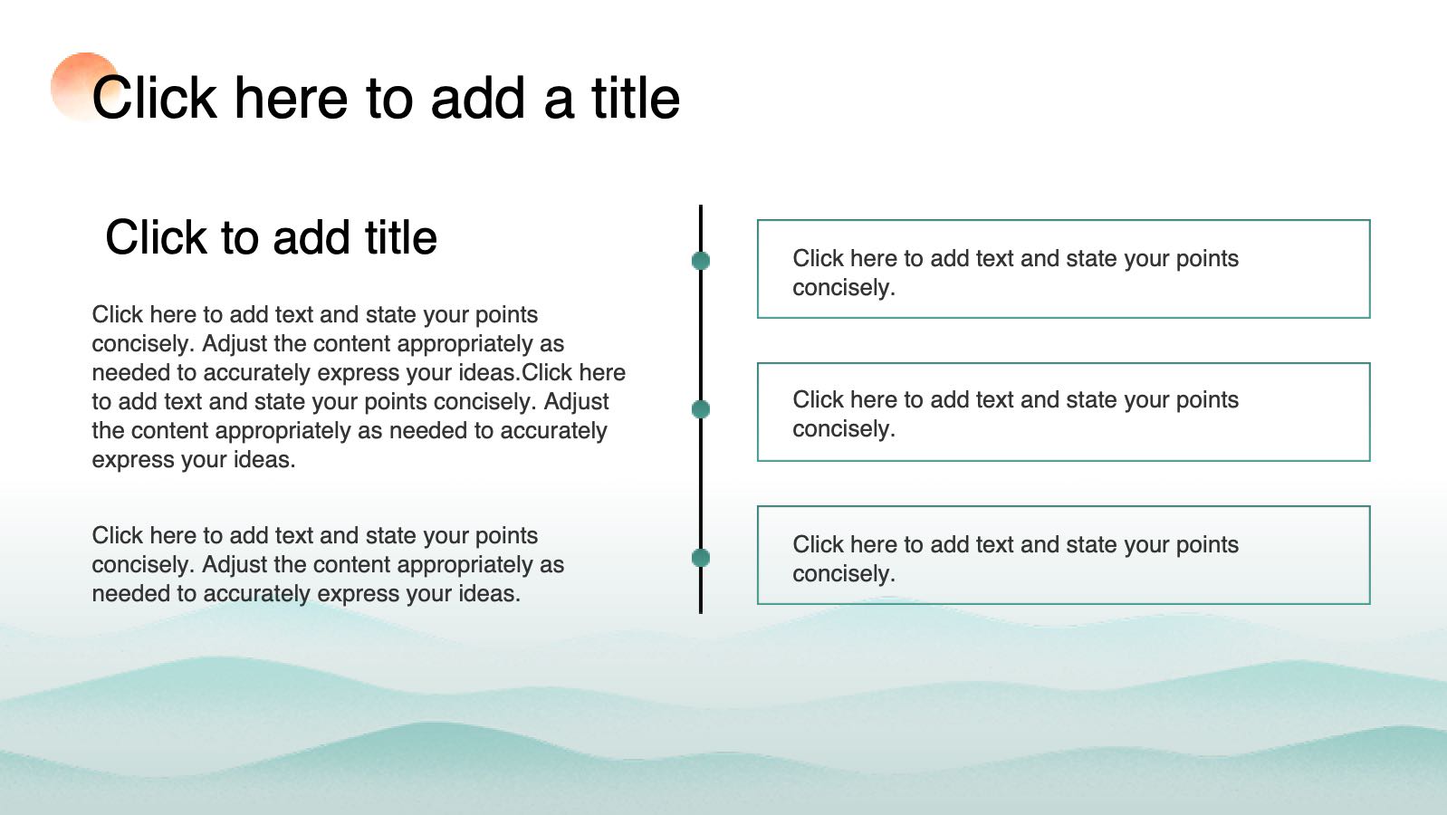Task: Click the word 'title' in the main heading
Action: tap(636, 98)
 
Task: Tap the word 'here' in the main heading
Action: tap(291, 98)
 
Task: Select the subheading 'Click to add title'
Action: tap(272, 237)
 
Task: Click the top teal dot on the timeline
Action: tap(700, 261)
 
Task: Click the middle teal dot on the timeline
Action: tap(700, 409)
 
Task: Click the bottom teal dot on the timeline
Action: tap(700, 558)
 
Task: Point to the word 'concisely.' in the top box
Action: tap(844, 288)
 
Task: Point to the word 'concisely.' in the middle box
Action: tap(844, 429)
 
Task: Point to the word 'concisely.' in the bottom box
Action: tap(844, 574)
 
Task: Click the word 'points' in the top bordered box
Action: tap(1207, 259)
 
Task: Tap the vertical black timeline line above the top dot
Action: tap(700, 228)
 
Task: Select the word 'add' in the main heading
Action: tap(478, 98)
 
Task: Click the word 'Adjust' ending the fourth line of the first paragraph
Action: tap(576, 402)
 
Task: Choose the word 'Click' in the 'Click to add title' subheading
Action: tap(156, 237)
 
